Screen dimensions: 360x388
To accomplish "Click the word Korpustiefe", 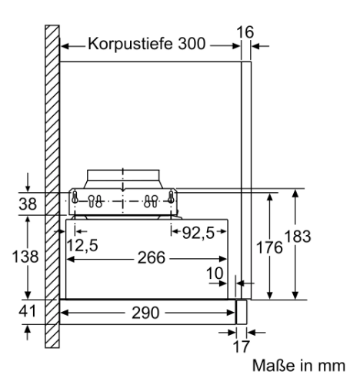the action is tap(130, 44).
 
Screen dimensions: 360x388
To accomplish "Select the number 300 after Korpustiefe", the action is tap(192, 44).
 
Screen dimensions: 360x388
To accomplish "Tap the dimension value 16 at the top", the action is tap(245, 32).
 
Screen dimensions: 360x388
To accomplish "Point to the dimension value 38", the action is tap(28, 204).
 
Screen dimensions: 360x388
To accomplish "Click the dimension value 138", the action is tap(25, 257).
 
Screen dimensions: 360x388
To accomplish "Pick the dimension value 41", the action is tap(27, 311).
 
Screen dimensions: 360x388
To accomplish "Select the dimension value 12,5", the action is tap(82, 245).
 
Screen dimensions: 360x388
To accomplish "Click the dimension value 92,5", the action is tap(198, 233).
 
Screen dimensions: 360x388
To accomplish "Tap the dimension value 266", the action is tap(152, 257).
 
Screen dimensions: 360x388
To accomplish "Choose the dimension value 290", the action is tap(145, 313).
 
